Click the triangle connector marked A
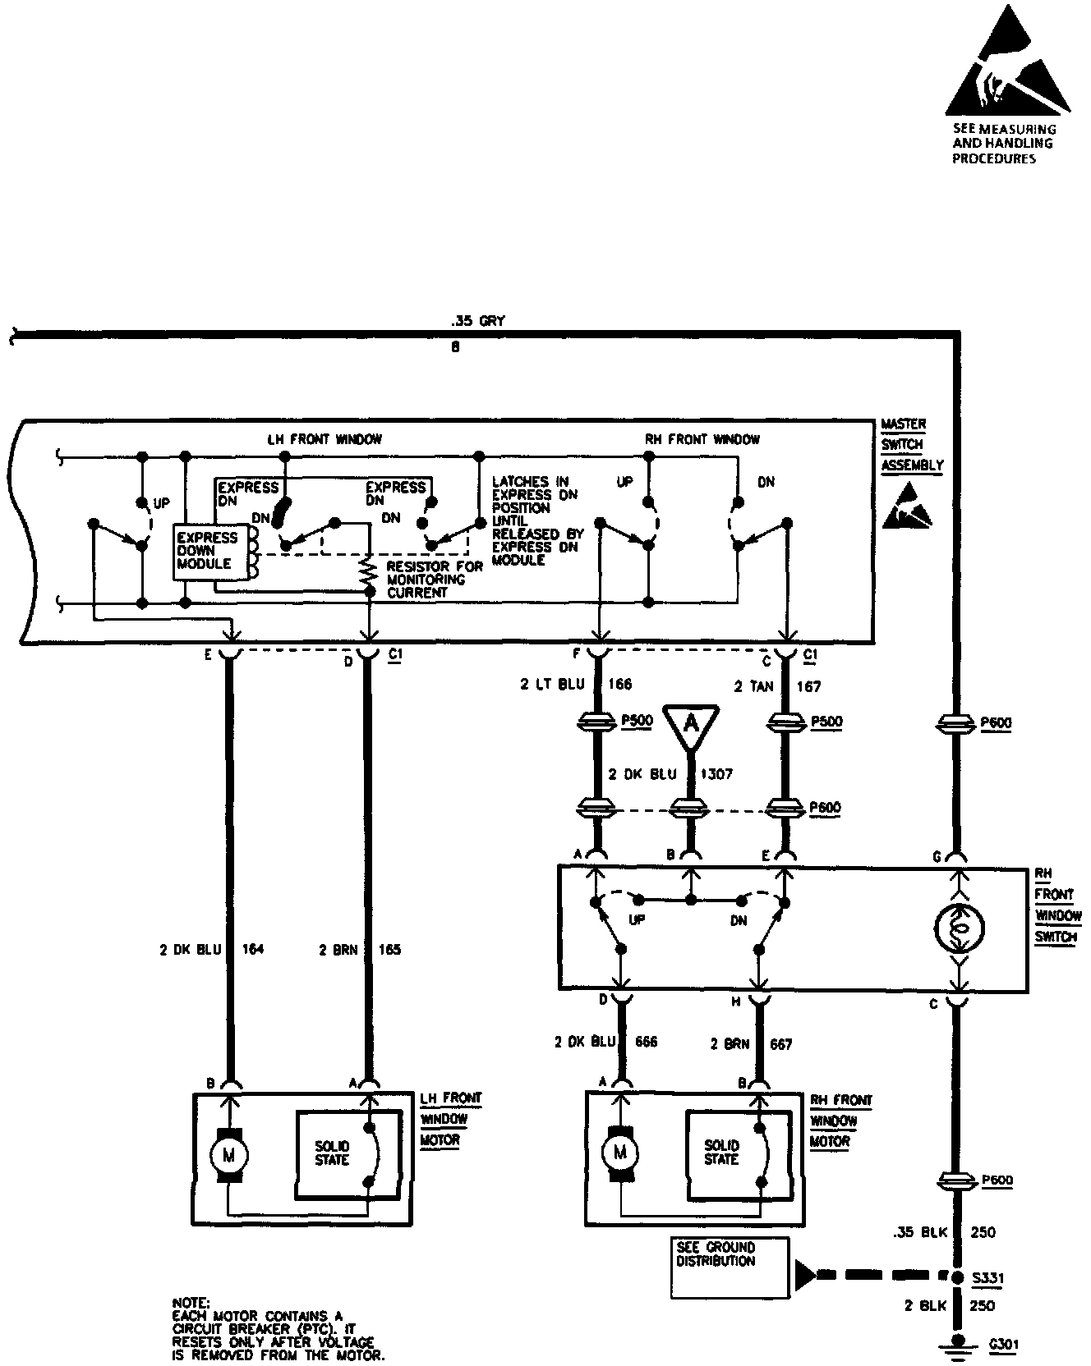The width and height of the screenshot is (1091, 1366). pos(691,723)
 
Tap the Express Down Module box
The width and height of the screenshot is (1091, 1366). pos(209,551)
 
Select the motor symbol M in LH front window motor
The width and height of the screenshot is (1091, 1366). pos(229,1155)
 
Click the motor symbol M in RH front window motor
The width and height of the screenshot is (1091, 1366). pos(620,1152)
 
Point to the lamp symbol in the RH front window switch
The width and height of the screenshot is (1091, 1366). pos(959,928)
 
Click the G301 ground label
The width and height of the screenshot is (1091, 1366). pos(1001,1345)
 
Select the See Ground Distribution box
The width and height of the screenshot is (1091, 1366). pos(730,1267)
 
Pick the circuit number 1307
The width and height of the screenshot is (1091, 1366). pos(716,774)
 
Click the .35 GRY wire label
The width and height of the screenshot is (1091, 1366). pos(478,321)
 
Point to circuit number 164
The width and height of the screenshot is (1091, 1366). pos(253,950)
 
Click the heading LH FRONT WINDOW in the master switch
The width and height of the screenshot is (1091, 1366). pos(325,439)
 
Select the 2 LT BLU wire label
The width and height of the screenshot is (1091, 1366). pos(554,684)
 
